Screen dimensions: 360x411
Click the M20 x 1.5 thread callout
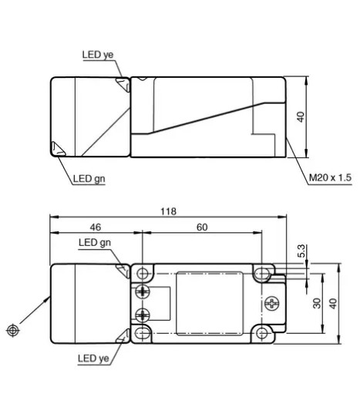(330, 177)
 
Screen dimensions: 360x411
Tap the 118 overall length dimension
(168, 211)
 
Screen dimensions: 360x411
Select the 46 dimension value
(96, 227)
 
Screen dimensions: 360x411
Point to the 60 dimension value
(202, 227)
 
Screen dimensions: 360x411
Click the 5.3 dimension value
(302, 251)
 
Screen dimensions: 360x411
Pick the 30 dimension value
(317, 303)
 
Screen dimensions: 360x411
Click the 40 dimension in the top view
(301, 117)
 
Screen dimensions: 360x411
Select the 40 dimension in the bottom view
(333, 304)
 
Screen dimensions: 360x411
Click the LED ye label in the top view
(98, 55)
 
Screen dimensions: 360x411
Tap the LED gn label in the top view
(89, 179)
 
